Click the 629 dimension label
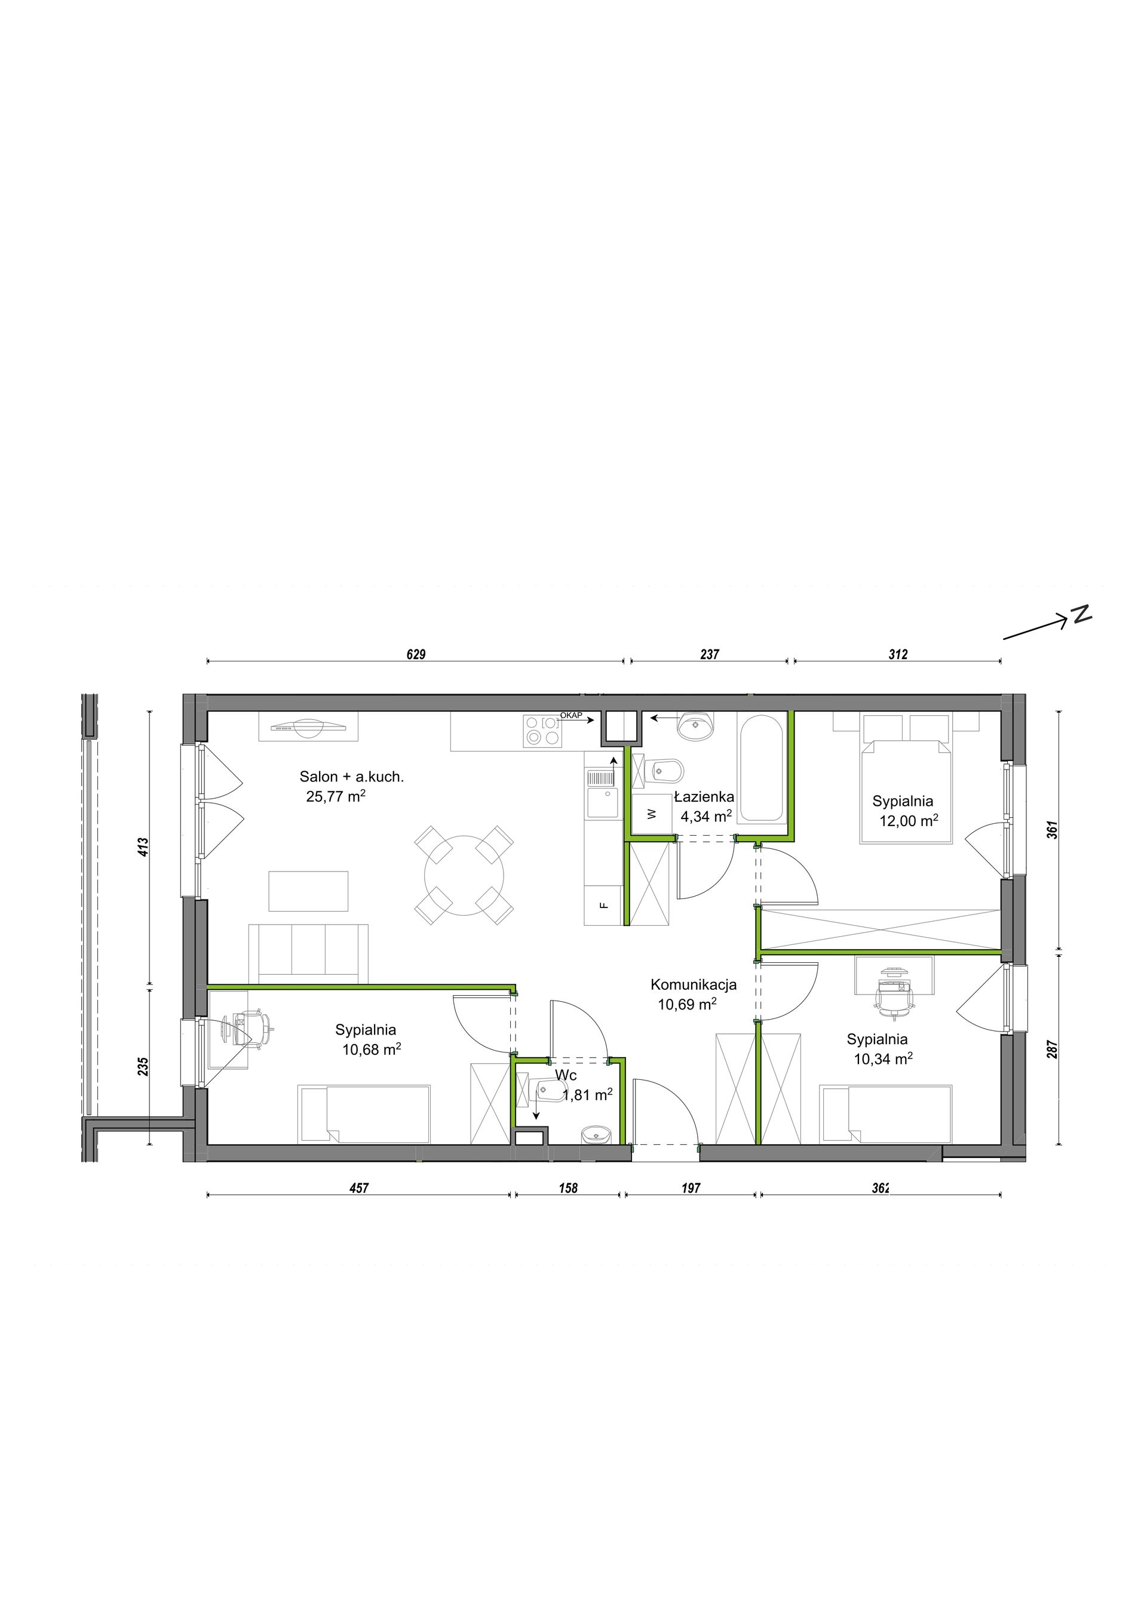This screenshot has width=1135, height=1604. (416, 655)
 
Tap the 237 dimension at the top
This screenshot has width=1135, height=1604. (710, 655)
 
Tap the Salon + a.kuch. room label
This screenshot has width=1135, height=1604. (351, 776)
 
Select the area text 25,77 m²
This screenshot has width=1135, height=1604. (336, 796)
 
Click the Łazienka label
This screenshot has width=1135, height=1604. (704, 796)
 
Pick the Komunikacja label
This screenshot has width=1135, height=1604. (694, 985)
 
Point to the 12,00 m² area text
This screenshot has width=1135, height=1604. (909, 821)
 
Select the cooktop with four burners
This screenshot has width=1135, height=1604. (542, 731)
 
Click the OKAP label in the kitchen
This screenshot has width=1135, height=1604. (571, 715)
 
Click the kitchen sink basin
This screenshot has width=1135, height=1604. (602, 803)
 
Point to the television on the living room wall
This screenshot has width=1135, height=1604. (309, 726)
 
